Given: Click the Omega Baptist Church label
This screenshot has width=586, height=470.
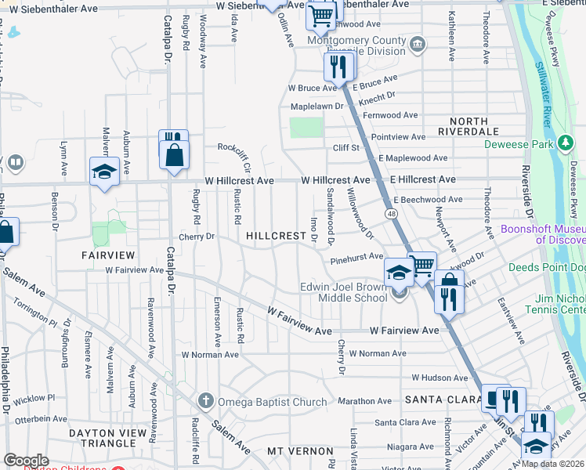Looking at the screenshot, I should tap(272, 403).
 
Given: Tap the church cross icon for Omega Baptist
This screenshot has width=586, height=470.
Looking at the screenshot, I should tap(206, 402).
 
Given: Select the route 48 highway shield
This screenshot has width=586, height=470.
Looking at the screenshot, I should tap(389, 213).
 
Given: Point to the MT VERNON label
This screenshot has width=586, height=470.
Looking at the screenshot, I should tap(300, 451).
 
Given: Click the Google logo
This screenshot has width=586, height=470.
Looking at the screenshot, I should tap(26, 461).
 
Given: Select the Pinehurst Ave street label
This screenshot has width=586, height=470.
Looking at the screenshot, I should tap(356, 257).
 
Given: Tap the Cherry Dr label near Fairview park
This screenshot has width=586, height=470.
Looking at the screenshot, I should tap(196, 237).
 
